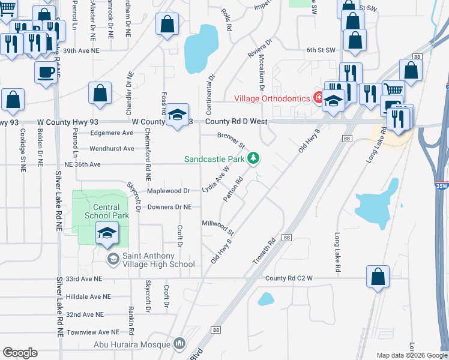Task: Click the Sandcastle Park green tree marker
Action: (x=255, y=158)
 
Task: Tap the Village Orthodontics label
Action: (x=271, y=98)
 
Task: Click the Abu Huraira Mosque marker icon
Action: (x=179, y=344)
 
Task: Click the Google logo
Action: (x=20, y=353)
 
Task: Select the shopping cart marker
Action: (x=393, y=91)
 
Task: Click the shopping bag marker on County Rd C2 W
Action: (x=378, y=277)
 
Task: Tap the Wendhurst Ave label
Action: (x=112, y=148)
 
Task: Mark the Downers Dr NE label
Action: (x=170, y=207)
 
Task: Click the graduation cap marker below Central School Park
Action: (x=107, y=232)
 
